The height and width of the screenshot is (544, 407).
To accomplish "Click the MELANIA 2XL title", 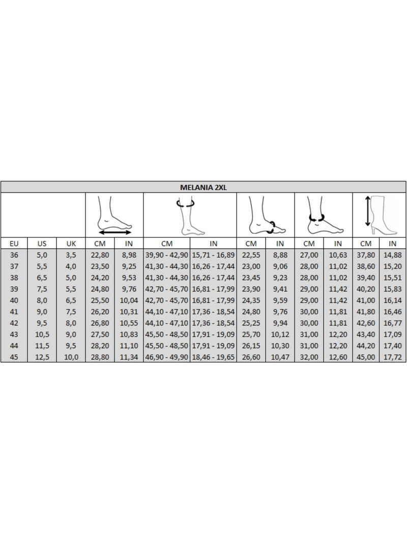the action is [x=203, y=187].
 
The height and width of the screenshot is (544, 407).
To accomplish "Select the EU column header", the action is [x=14, y=244].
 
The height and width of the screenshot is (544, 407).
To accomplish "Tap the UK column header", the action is [x=71, y=244].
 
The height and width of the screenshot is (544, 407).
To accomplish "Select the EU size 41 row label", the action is [x=14, y=312].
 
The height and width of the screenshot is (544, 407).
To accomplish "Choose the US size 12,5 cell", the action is [x=42, y=357].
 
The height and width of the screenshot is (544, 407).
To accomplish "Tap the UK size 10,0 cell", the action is [x=71, y=357].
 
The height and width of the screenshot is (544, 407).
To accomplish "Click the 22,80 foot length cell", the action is [x=100, y=255].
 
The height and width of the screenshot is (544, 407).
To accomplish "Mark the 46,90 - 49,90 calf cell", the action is [x=167, y=357].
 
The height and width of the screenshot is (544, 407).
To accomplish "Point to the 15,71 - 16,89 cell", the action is [x=213, y=255].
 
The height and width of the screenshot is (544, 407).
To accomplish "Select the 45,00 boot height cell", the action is [x=366, y=357].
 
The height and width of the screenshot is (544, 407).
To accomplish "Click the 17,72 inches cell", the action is [x=392, y=357].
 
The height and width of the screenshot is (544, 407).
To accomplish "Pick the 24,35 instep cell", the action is [x=251, y=300].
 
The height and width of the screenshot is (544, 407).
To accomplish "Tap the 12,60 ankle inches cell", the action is [x=338, y=357].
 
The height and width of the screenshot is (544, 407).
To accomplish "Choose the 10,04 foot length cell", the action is [x=129, y=300].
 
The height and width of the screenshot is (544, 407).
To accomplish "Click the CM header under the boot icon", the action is [x=366, y=244].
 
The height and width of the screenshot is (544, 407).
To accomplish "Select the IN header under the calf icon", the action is [x=213, y=244].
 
